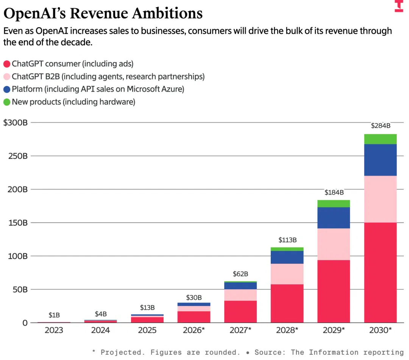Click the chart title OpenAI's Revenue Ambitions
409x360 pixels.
[x=103, y=13]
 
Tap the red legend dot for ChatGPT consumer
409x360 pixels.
[x=7, y=64]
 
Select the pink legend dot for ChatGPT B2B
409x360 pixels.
[x=7, y=76]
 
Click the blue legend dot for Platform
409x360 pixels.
[x=7, y=89]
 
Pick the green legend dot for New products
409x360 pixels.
[x=7, y=102]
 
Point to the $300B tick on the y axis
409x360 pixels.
[x=16, y=123]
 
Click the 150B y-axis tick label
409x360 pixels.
[x=18, y=223]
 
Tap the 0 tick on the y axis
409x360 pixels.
[x=25, y=323]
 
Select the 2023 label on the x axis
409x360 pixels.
[x=54, y=330]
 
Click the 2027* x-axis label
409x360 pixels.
[x=240, y=330]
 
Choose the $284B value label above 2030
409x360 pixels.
[x=381, y=126]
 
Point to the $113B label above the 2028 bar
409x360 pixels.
[x=287, y=240]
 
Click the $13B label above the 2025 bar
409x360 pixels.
[x=147, y=308]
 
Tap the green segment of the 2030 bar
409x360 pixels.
[x=380, y=139]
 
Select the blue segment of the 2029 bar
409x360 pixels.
[x=334, y=218]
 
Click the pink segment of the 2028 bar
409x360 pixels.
[x=287, y=274]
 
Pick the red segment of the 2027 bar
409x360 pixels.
[x=240, y=312]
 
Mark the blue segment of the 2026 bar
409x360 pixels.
[x=194, y=304]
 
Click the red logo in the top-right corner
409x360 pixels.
[x=399, y=6]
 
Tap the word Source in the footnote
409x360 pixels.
[x=270, y=352]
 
